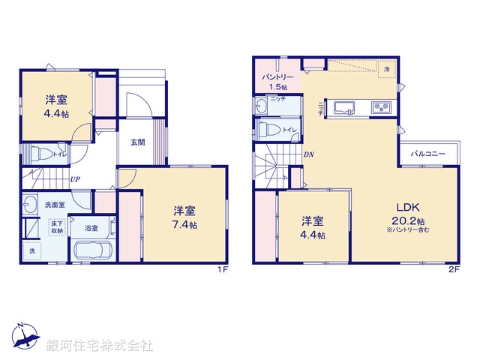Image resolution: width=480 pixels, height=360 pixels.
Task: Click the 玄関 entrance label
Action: coord(137,142)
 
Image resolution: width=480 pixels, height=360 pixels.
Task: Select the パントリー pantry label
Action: coord(277,77)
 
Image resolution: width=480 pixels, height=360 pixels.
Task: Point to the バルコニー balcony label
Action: coord(428,154)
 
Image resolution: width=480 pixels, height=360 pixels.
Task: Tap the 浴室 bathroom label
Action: coord(91,228)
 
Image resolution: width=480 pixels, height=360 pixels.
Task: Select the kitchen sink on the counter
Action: coord(346,109)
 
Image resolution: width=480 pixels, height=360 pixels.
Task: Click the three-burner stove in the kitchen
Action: coord(381,109)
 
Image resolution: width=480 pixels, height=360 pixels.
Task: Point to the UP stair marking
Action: coord(76,179)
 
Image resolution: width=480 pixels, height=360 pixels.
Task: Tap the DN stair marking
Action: coord(308,155)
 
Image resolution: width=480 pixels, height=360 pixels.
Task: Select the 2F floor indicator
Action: coord(454,268)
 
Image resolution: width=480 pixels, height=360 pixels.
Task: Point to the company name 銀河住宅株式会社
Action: coord(100,346)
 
